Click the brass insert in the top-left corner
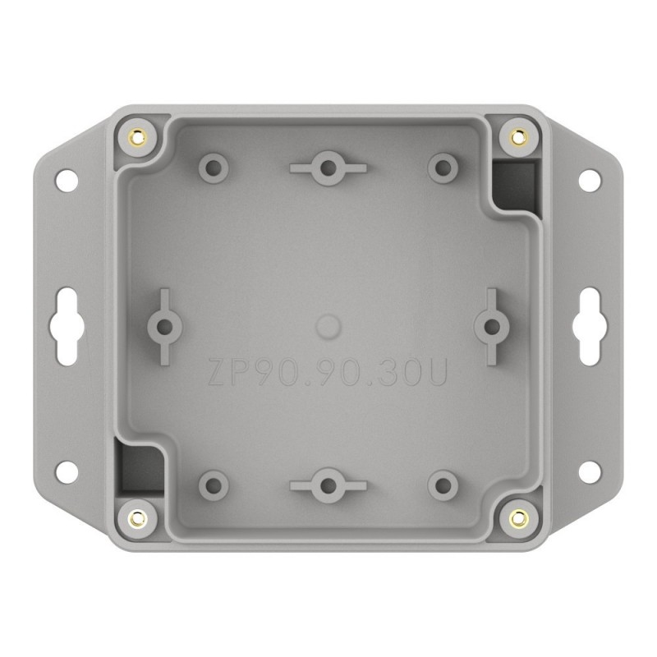(138, 136)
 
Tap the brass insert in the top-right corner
(518, 136)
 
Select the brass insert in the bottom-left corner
(138, 517)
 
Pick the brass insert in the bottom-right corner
(518, 517)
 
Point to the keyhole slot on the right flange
(590, 326)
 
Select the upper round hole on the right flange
(590, 177)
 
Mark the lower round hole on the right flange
(590, 471)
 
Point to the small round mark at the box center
(328, 326)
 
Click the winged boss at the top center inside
(328, 168)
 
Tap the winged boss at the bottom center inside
(328, 483)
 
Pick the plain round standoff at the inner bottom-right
(443, 483)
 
